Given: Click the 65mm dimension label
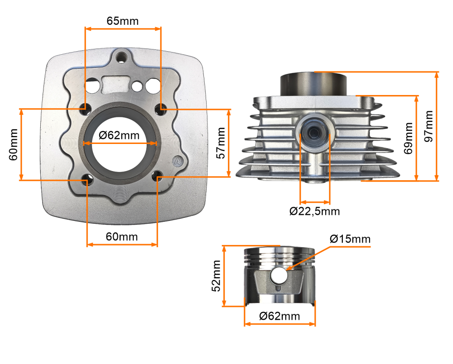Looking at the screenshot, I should pos(122,21).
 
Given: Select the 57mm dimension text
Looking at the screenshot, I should pos(221,143).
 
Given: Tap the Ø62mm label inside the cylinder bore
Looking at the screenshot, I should pos(119,135).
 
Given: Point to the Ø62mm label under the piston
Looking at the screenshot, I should pos(280,316).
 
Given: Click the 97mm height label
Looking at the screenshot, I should pos(429,126).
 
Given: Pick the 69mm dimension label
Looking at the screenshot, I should pos(409,138).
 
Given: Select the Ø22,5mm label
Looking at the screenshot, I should pos(314,211).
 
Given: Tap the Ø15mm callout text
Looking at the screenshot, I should pos(350,239).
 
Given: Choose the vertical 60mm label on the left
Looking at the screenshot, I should pos(13,145).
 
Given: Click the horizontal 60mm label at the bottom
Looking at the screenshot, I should pos(122,236).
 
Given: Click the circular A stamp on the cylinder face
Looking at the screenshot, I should pos(178,161).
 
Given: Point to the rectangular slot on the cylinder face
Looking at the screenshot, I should pos(116,83).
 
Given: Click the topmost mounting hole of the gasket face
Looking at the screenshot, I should pos(122,57).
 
